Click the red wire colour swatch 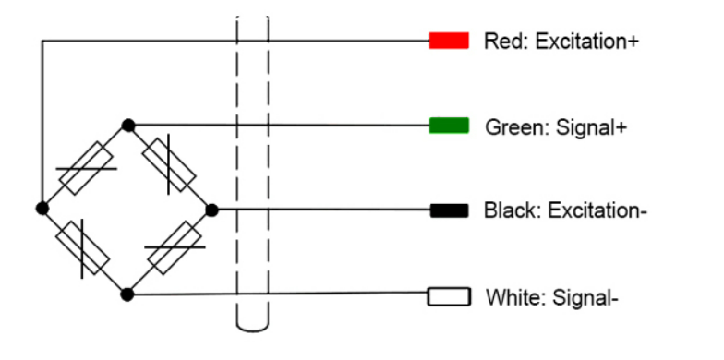tap(449, 41)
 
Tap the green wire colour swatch tap(449, 126)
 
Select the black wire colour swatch tap(449, 210)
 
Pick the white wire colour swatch tap(449, 296)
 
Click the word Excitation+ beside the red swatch tap(587, 42)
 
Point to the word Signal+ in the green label tap(591, 127)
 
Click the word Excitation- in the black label tap(597, 210)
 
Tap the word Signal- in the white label tap(585, 297)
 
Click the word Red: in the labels tap(507, 42)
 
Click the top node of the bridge tap(127, 126)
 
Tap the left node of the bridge tap(42, 209)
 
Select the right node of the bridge tap(211, 210)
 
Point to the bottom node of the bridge tap(127, 294)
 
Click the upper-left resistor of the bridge tap(87, 168)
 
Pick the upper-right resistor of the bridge tap(169, 164)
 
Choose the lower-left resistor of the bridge tap(83, 247)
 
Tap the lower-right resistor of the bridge tap(175, 247)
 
